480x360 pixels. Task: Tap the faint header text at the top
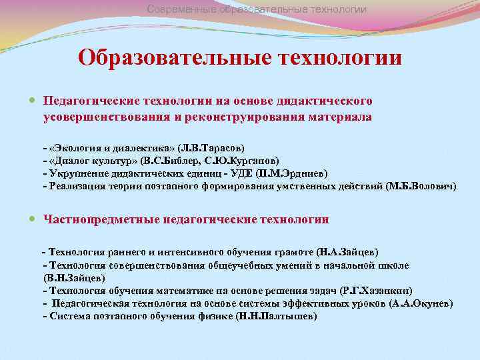(x=257, y=9)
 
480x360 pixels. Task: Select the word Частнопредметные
(x=94, y=219)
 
